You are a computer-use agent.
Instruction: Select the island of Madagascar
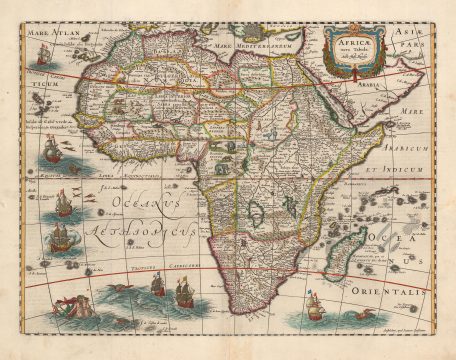(355, 236)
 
